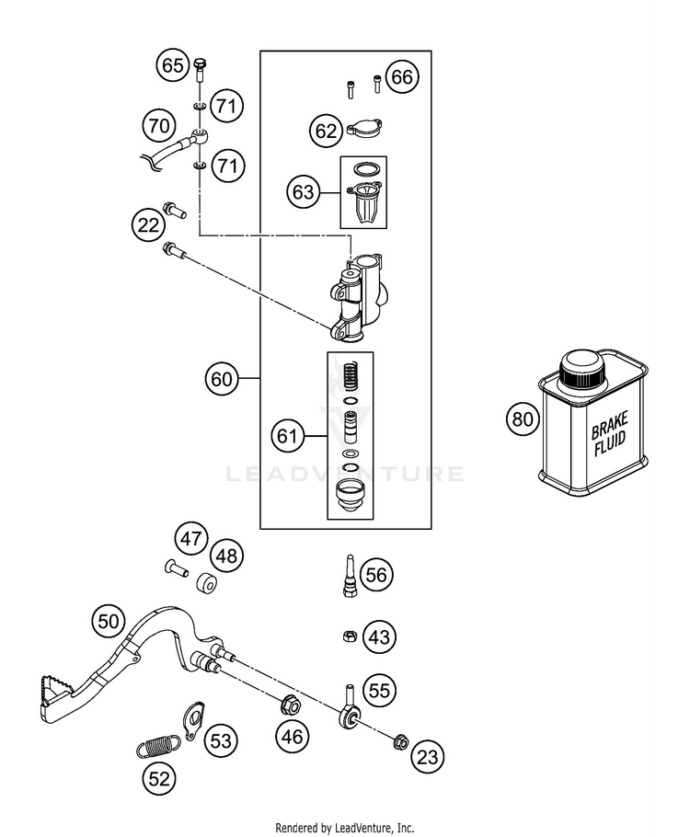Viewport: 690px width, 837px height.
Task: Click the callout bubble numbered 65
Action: [x=173, y=65]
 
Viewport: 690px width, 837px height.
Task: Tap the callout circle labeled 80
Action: [x=523, y=418]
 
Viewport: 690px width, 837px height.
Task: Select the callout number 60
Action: [x=222, y=378]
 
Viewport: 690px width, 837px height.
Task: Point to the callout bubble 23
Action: [x=427, y=756]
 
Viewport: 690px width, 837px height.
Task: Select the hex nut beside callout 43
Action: [x=349, y=636]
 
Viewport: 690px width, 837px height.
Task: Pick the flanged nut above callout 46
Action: [x=290, y=705]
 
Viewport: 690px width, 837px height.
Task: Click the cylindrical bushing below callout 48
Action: [x=206, y=583]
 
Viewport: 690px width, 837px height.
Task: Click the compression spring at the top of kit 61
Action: [x=350, y=377]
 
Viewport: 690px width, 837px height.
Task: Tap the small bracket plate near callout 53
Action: [x=193, y=720]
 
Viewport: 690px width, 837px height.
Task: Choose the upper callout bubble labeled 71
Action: [x=226, y=106]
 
